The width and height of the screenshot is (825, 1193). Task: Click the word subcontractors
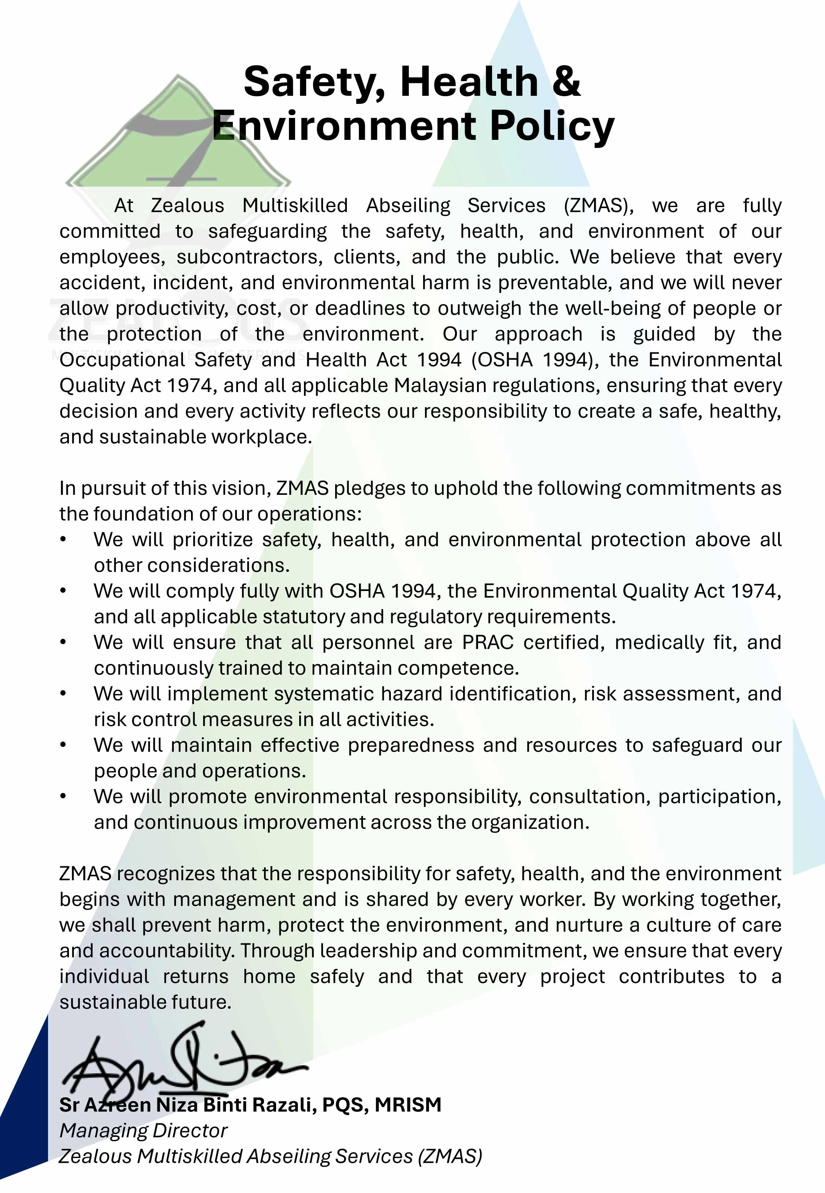pyautogui.click(x=250, y=257)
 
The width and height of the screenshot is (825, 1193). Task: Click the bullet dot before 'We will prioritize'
pyautogui.click(x=63, y=540)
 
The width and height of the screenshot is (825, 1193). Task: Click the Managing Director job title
pyautogui.click(x=143, y=1130)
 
